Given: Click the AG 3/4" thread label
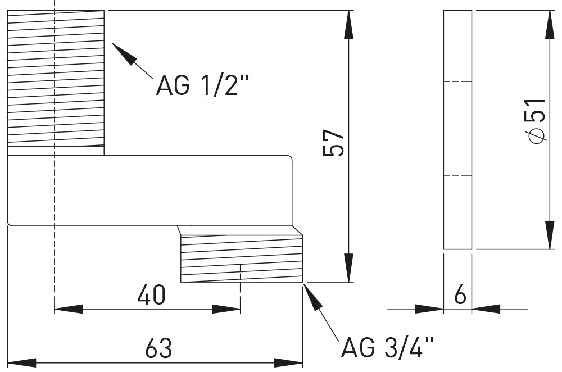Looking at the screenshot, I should click(x=388, y=348).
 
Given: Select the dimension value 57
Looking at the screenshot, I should click(x=333, y=144).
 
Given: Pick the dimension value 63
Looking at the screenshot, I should click(x=158, y=348).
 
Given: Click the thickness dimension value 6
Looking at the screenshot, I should click(x=460, y=295).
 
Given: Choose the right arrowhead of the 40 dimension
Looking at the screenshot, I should click(x=227, y=309).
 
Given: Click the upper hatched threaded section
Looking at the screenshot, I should click(x=56, y=79).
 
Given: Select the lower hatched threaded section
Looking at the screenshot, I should click(x=242, y=258).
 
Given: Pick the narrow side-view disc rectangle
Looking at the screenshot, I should click(x=457, y=129).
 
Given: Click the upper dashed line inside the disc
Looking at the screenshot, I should click(x=457, y=82).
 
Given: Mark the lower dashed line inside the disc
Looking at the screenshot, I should click(x=457, y=176).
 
